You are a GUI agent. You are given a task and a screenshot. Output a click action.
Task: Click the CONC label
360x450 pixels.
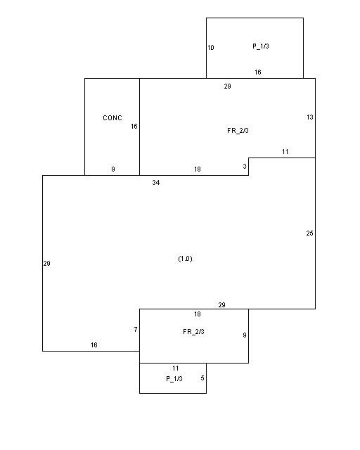(x=112, y=117)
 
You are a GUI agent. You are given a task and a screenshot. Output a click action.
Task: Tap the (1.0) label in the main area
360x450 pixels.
(x=185, y=259)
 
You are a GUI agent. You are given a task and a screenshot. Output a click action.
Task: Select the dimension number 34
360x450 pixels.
(x=156, y=182)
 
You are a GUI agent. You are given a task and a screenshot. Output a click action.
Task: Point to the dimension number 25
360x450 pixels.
(x=309, y=233)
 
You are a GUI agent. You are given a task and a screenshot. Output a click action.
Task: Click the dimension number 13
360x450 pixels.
(x=310, y=117)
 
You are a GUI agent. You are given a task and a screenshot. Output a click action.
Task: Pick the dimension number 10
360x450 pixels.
(x=211, y=48)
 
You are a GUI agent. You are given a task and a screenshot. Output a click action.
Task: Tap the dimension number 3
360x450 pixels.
(x=245, y=166)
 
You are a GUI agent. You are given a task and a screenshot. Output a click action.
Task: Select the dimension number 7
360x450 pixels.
(x=136, y=330)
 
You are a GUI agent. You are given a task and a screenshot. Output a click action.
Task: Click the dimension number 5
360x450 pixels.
(x=202, y=378)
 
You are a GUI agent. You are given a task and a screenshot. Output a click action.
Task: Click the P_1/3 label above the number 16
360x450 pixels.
(x=261, y=46)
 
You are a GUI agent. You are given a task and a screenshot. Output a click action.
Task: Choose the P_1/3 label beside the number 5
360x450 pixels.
(x=174, y=379)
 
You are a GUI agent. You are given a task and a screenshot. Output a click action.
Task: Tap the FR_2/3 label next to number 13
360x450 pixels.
(x=238, y=131)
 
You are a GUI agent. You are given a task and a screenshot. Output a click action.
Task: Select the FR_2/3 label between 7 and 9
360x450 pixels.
(x=193, y=332)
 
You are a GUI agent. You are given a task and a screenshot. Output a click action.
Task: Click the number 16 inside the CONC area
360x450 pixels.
(x=134, y=127)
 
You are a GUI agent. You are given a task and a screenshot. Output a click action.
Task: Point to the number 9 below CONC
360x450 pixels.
(x=113, y=169)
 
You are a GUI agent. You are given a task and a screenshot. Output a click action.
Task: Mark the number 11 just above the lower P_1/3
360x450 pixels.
(x=176, y=368)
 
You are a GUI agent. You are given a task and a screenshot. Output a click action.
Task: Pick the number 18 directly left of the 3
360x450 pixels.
(x=197, y=169)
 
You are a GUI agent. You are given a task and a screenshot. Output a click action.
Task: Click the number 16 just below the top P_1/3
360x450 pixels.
(x=258, y=72)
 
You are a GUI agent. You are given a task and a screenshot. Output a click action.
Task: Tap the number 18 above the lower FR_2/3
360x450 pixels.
(x=197, y=314)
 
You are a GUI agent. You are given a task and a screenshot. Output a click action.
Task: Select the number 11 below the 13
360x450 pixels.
(x=285, y=152)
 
